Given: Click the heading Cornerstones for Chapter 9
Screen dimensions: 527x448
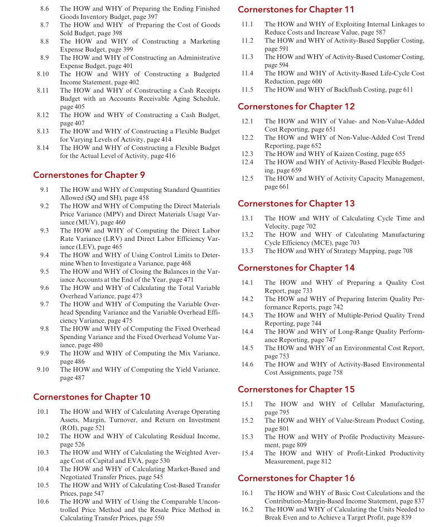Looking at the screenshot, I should click(89, 175).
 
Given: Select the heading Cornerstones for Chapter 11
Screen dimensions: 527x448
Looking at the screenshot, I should click(296, 9).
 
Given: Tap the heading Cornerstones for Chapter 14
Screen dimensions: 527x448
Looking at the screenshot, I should click(296, 268).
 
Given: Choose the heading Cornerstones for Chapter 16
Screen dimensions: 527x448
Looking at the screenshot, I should click(296, 478).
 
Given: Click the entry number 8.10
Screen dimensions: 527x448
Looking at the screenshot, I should click(42, 74).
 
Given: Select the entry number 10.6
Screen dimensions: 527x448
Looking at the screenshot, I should click(43, 501).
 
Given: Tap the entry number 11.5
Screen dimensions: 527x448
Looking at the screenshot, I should click(247, 90).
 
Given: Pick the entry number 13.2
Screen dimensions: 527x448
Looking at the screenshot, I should click(247, 235).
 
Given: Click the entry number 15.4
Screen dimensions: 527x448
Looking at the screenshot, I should click(247, 453).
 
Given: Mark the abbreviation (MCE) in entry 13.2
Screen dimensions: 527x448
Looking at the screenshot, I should click(316, 243).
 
